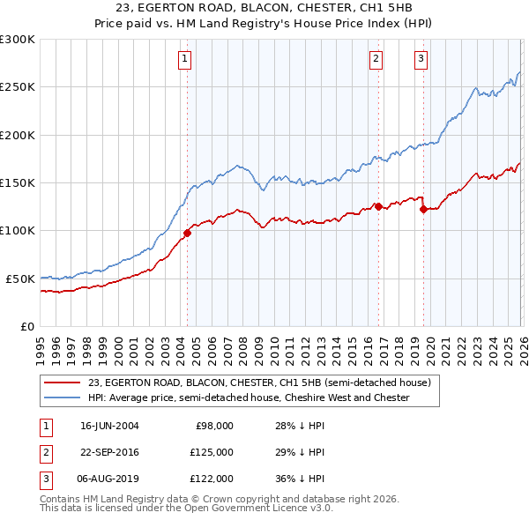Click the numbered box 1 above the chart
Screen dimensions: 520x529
[x=185, y=59]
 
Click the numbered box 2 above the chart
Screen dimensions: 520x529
[x=376, y=59]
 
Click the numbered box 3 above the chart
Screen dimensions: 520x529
[x=421, y=59]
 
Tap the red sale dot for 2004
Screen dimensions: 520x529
[x=187, y=234]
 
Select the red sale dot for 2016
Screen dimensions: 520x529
[x=377, y=207]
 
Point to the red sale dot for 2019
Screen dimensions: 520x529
[x=423, y=210]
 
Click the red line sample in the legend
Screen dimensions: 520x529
[x=62, y=383]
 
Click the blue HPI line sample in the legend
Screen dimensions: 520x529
[x=62, y=397]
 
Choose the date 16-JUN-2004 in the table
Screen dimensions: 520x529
[x=109, y=426]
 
